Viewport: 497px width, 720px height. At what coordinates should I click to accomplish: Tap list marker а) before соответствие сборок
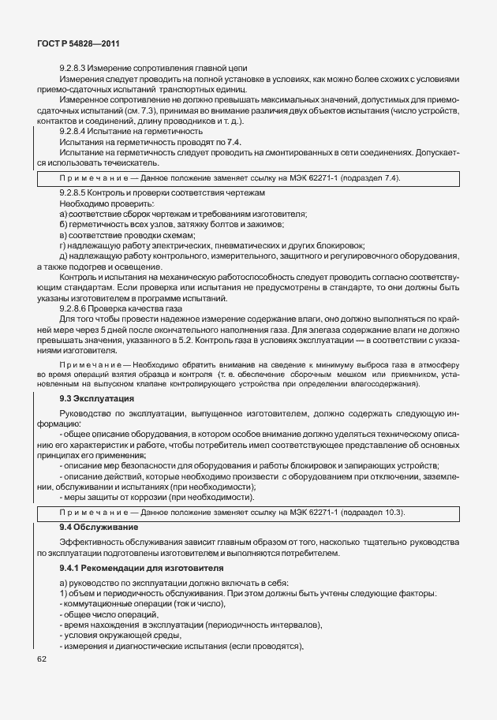coord(63,215)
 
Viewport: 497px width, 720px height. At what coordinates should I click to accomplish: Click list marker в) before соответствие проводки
coord(63,235)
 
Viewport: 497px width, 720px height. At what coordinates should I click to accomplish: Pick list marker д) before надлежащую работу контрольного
coord(63,256)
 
